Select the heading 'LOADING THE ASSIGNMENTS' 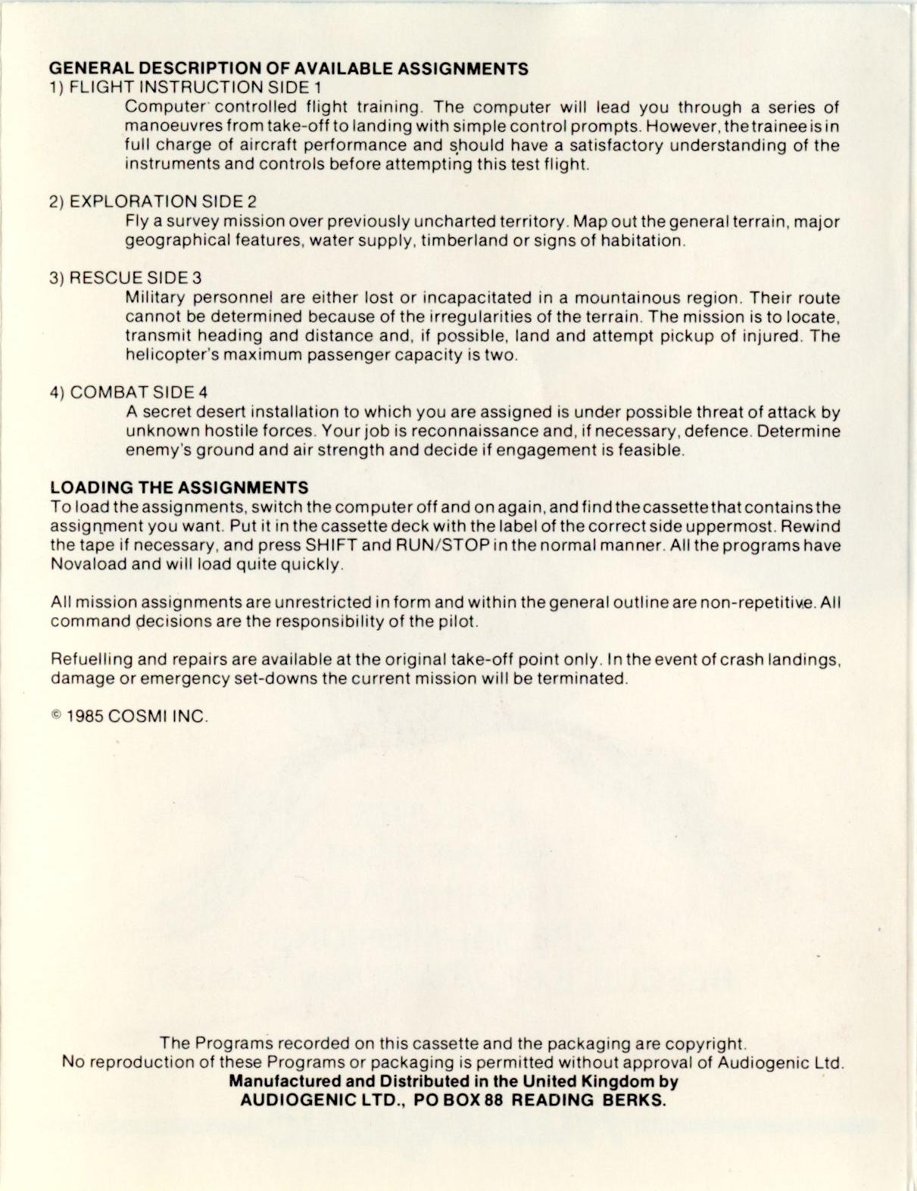(179, 488)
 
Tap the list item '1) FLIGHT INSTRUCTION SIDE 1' (186, 88)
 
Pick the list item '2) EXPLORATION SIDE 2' (153, 201)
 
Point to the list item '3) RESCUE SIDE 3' (126, 278)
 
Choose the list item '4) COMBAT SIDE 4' (129, 392)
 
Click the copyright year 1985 (85, 717)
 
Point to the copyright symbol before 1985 (56, 716)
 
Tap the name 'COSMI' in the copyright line (137, 717)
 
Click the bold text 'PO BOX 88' (460, 1100)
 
